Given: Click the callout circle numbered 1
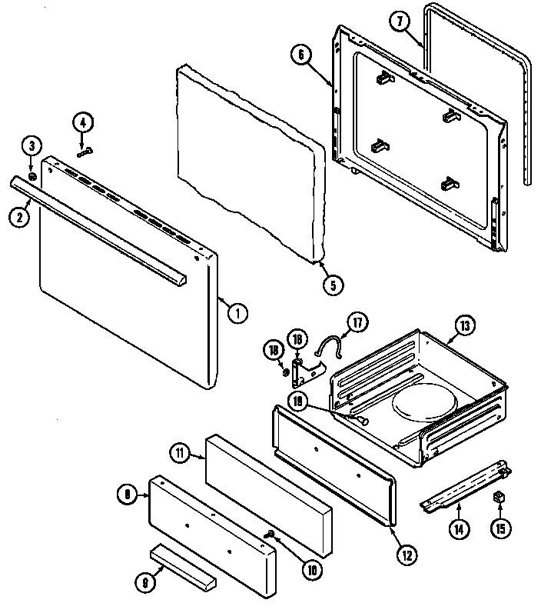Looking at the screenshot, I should [x=237, y=312].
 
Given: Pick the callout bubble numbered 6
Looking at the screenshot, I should [x=301, y=55].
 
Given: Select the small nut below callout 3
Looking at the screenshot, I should [x=33, y=177].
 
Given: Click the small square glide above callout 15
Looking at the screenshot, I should [x=500, y=497].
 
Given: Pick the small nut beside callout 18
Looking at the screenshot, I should [x=286, y=372].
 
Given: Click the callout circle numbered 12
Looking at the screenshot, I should [x=406, y=552].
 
